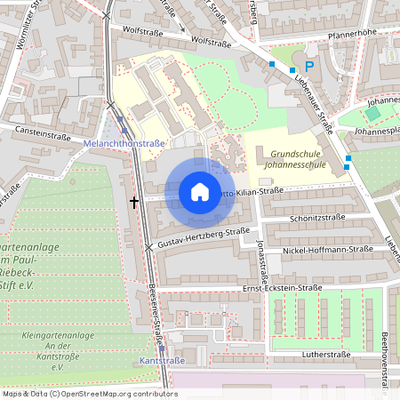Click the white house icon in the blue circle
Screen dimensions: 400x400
click(x=200, y=192)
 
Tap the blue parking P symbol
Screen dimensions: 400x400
click(x=309, y=67)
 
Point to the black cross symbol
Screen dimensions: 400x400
click(x=134, y=203)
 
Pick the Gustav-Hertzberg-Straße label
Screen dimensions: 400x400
click(x=204, y=236)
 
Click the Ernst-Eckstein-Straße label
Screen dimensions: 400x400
click(x=282, y=288)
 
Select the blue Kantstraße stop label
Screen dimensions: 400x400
click(x=163, y=361)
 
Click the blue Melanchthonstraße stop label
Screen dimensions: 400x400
click(x=124, y=143)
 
